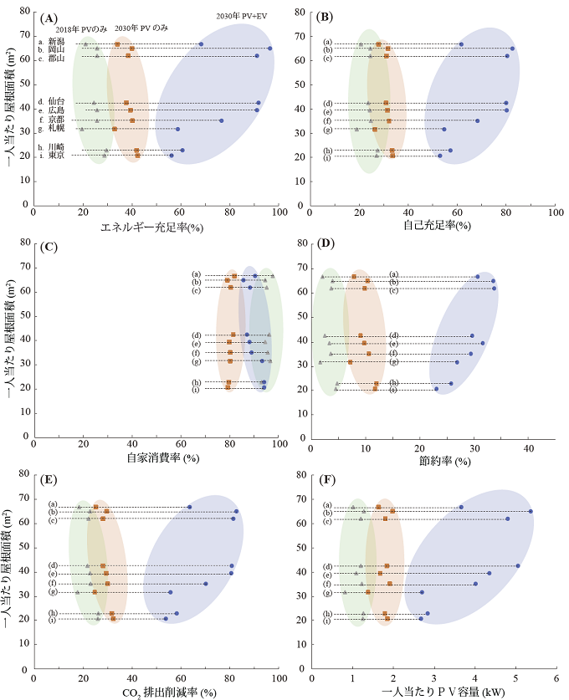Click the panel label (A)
point(49,18)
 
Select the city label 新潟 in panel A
point(56,41)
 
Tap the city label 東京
point(56,156)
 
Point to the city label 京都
point(56,120)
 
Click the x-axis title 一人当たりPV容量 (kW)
point(433,692)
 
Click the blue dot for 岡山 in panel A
point(269,49)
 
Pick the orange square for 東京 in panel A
point(138,156)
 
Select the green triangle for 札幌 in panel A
point(81,129)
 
